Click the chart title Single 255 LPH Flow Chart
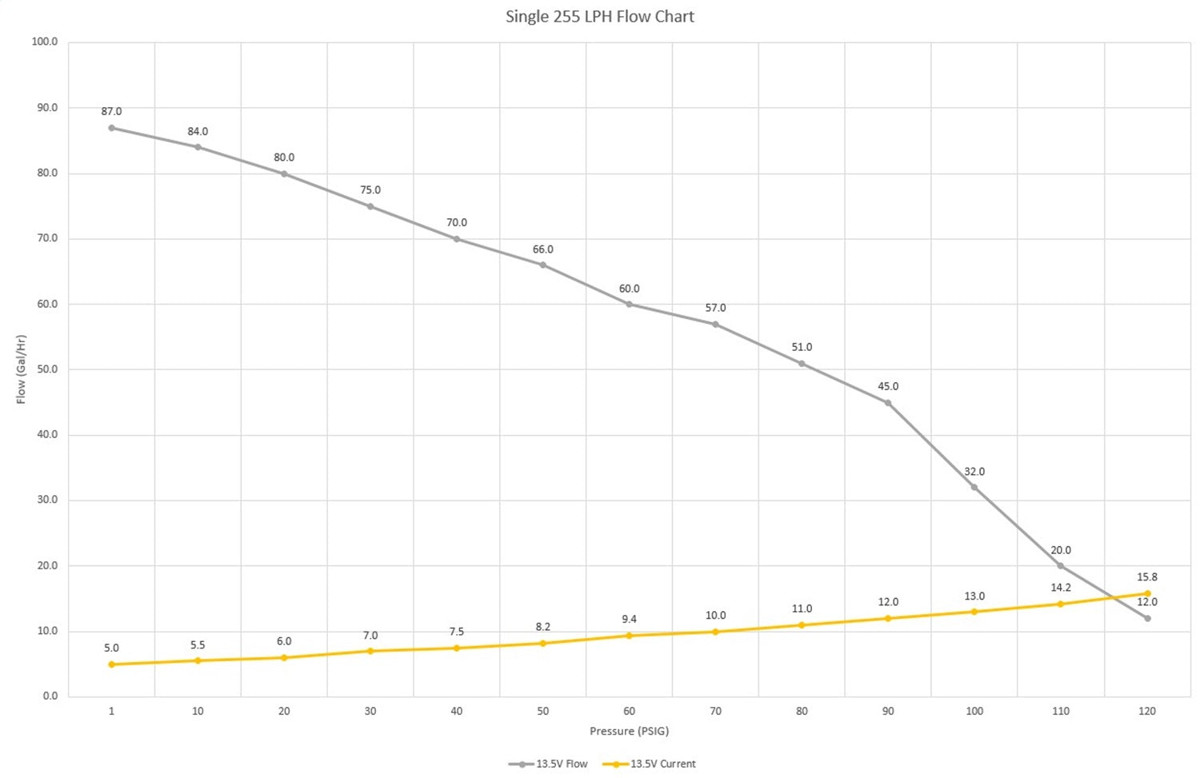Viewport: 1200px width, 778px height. [599, 17]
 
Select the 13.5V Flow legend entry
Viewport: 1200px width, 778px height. [548, 764]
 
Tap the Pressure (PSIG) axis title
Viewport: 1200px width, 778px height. [629, 731]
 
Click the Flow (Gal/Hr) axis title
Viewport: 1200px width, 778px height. [22, 369]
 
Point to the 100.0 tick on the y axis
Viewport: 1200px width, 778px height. [45, 42]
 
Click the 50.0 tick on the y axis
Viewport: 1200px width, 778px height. [47, 369]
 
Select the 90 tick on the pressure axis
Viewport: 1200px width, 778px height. [888, 711]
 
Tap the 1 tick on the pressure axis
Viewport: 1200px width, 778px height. [111, 711]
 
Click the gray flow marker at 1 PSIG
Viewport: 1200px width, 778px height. [111, 128]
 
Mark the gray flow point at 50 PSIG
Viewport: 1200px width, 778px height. [542, 265]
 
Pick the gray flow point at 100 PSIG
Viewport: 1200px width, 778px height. [974, 487]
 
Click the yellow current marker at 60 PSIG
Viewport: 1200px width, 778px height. [629, 636]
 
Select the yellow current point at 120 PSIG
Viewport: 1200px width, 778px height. [1147, 594]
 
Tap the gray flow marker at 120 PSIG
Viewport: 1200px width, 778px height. [1147, 618]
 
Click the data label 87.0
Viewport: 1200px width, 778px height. [111, 112]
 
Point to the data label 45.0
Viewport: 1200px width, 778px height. [888, 386]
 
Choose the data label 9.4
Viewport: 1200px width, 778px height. [629, 619]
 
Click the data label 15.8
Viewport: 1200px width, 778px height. [1147, 577]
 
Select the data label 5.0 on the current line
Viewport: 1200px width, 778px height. [111, 648]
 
